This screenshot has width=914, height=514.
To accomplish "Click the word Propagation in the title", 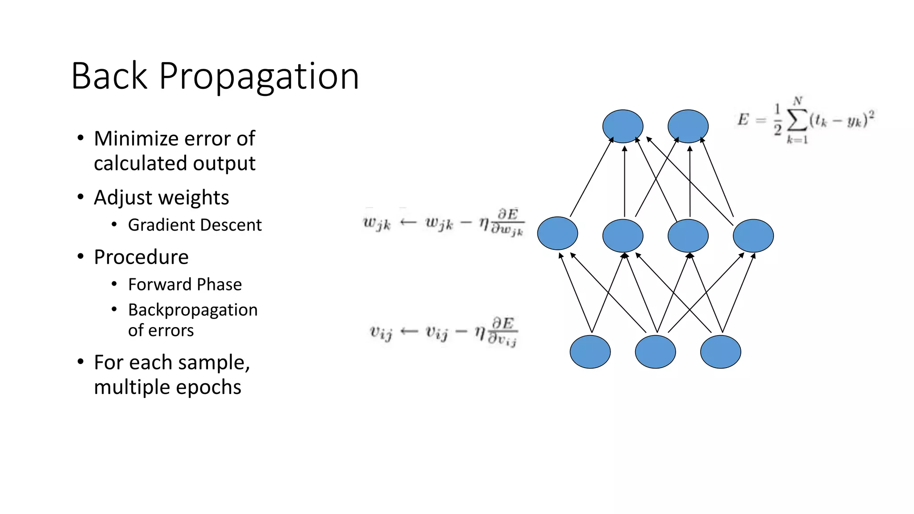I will (258, 77).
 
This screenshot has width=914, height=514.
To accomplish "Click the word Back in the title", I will (109, 77).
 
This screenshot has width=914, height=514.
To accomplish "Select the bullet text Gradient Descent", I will (195, 225).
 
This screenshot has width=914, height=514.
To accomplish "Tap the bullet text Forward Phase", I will (185, 284).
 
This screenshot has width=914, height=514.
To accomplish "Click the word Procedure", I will (141, 257).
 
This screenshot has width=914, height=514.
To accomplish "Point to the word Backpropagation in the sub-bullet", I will (193, 310).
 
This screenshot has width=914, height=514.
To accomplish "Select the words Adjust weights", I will (161, 197).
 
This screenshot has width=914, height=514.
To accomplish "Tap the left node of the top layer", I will (623, 126).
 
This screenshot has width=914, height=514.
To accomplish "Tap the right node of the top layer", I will (688, 126).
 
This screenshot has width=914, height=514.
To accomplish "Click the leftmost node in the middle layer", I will (557, 233).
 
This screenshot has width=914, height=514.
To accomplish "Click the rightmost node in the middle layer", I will (753, 236).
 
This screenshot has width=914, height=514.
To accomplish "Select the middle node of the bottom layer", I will (655, 352).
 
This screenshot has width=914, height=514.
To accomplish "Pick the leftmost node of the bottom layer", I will (590, 352).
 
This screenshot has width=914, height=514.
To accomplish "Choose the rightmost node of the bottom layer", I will (720, 352).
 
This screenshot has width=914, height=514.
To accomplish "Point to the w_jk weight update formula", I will (444, 222).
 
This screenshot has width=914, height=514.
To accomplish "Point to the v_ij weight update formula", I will (443, 332).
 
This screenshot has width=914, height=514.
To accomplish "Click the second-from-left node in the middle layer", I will (623, 236).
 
